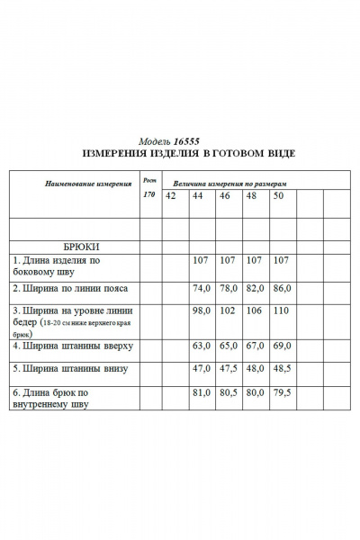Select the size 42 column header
[x=170, y=196]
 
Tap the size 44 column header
[x=198, y=196]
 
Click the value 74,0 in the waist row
[x=202, y=289]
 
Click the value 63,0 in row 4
[x=202, y=346]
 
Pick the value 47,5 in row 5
[x=229, y=369]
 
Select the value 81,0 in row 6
[x=202, y=392]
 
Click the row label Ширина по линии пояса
[x=70, y=289]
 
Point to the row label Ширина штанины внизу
[x=70, y=369]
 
